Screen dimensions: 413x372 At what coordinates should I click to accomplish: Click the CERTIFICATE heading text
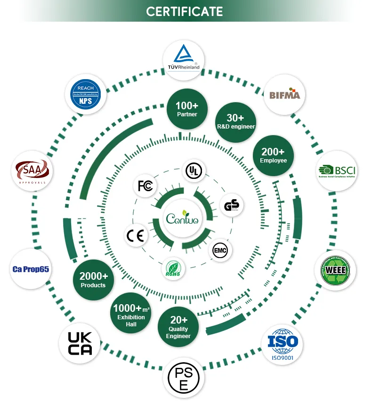point(184,11)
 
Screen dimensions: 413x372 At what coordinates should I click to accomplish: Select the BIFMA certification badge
point(284,94)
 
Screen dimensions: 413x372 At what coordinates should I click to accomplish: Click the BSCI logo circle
point(336,171)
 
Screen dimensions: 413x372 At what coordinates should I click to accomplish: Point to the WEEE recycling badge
point(335,270)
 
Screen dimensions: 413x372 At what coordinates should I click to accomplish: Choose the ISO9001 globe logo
point(283,344)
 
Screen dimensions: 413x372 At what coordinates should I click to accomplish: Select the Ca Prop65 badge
point(30,269)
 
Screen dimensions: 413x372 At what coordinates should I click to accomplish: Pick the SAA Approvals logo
point(32,170)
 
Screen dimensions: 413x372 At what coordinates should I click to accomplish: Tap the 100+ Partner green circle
point(187,109)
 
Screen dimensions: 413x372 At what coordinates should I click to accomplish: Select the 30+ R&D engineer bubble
point(235,121)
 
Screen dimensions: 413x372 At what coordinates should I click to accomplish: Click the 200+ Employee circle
point(273,155)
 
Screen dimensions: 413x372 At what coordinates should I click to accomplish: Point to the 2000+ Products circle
point(93,280)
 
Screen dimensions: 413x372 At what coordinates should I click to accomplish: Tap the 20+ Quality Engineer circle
point(178,327)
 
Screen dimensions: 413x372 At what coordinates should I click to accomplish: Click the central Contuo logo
point(182,219)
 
